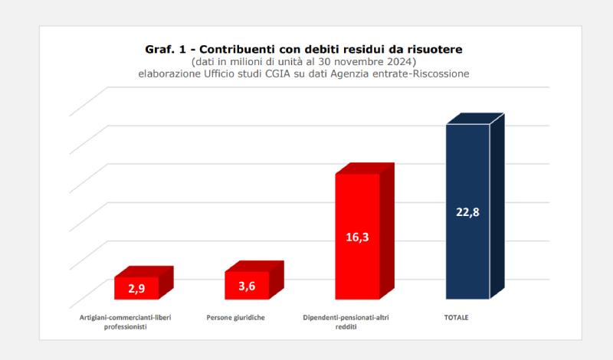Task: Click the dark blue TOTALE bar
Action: pyautogui.click(x=467, y=253)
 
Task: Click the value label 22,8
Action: pyautogui.click(x=467, y=212)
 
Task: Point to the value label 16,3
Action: pyautogui.click(x=357, y=237)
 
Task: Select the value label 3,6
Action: pyautogui.click(x=247, y=286)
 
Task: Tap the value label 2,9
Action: pyautogui.click(x=136, y=289)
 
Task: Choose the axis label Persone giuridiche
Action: pyautogui.click(x=236, y=317)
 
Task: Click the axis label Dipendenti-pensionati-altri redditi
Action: pyautogui.click(x=346, y=322)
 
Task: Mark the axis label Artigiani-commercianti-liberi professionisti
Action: pyautogui.click(x=125, y=322)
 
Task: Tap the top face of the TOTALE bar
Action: pyautogui.click(x=475, y=119)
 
